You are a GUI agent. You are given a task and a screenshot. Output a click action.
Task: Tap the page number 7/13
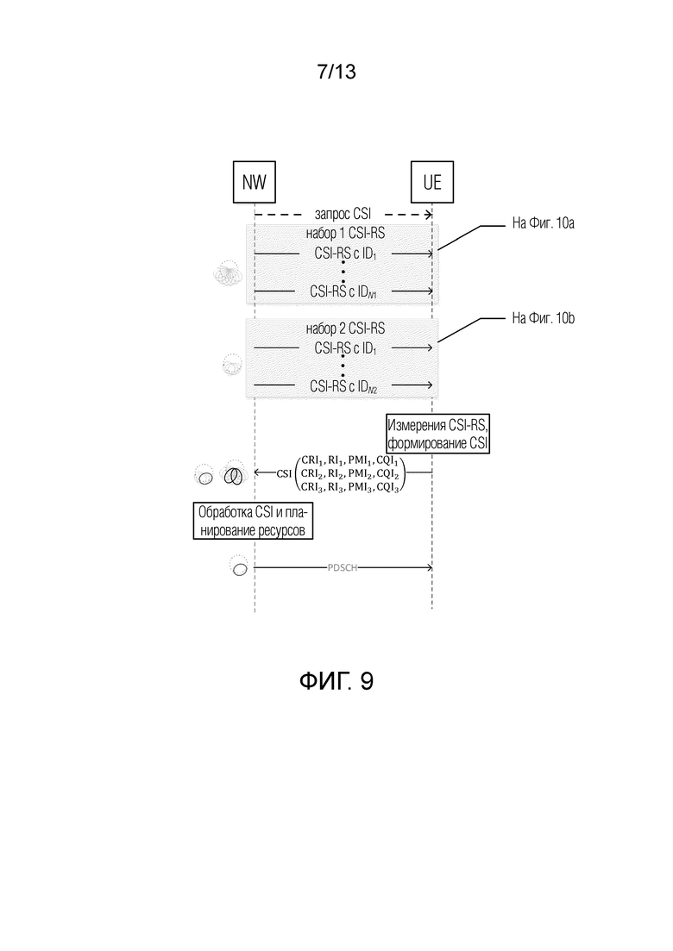pos(336,72)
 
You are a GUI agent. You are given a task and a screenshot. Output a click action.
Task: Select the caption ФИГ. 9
pos(336,680)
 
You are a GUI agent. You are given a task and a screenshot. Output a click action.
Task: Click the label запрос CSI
pos(343,214)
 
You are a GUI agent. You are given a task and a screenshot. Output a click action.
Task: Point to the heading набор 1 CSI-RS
pos(344,234)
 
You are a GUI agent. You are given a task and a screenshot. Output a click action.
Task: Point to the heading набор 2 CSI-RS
pos(344,328)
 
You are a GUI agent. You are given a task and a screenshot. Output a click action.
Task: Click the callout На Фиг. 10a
pos(543,223)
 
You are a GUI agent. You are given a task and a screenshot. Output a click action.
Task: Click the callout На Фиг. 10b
pos(543,318)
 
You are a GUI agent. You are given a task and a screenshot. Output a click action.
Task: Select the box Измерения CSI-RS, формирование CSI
pos(437,434)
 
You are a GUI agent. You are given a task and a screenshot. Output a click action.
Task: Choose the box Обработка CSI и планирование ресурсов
pos(253,521)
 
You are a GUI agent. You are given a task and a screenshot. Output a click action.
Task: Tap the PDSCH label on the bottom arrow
pos(343,567)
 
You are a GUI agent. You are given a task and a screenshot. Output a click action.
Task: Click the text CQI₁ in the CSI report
pos(387,460)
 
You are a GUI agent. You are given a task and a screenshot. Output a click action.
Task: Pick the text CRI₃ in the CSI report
pos(312,487)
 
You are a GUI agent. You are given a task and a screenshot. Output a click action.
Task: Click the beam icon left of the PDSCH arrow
pos(239,566)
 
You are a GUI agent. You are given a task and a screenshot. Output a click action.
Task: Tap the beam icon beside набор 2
pos(232,365)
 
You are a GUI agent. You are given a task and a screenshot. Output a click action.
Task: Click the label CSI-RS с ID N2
pos(343,386)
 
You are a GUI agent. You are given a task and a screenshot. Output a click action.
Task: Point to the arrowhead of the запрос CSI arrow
pos(429,214)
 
